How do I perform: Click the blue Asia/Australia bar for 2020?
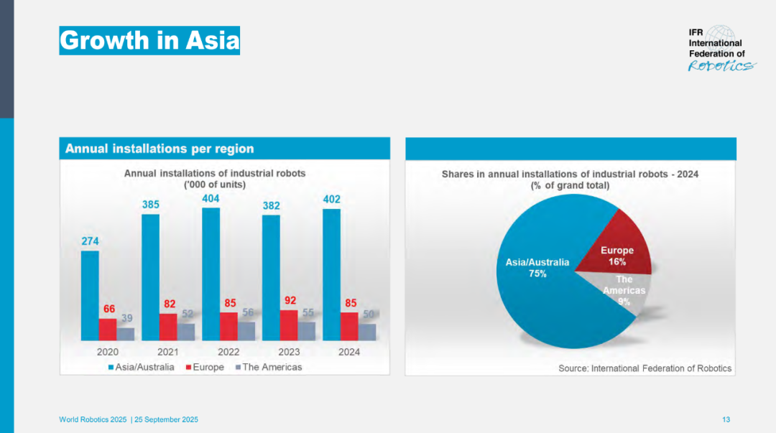(90, 296)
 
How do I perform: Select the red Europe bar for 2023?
(289, 325)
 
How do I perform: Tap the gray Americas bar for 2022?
(246, 332)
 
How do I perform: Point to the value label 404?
(211, 199)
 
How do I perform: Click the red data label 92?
(290, 300)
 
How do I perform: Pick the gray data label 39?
(126, 318)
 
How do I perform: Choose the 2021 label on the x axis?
(167, 352)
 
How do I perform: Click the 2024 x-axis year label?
(349, 352)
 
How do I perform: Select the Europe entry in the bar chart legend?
(205, 367)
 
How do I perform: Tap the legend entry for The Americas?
(269, 367)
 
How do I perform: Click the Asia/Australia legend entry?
(141, 367)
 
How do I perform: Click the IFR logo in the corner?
(722, 49)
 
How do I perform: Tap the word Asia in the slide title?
(213, 40)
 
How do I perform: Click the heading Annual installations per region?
(160, 149)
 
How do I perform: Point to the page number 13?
(726, 419)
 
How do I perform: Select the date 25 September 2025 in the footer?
(166, 419)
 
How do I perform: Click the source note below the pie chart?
(645, 368)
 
